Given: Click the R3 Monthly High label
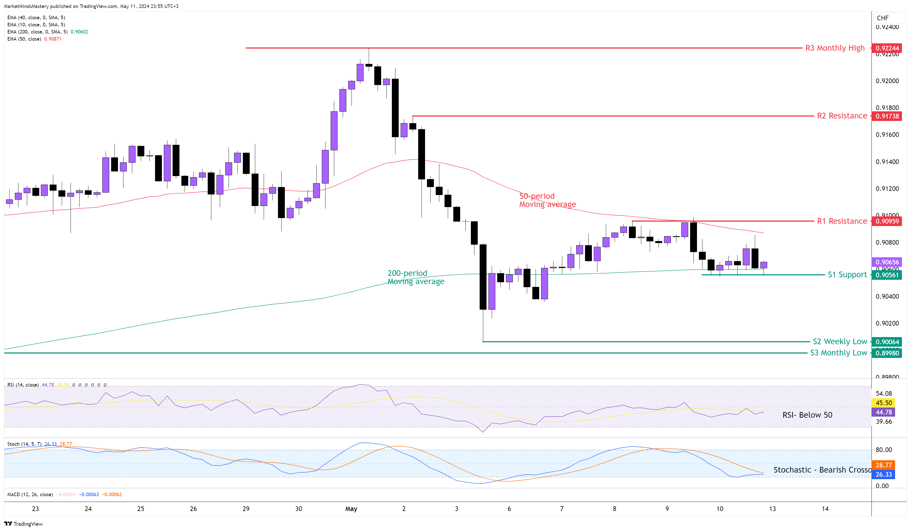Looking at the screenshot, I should click(834, 48).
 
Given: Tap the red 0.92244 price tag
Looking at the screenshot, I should click(887, 48).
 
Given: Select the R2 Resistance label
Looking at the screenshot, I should click(842, 116).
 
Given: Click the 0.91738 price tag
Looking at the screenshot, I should click(887, 116).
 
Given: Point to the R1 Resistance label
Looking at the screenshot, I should click(842, 221).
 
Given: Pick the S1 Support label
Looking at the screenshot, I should click(847, 275).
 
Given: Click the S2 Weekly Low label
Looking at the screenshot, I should click(839, 341).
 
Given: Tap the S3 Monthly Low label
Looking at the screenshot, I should click(838, 353).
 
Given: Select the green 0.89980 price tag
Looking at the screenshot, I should click(887, 353).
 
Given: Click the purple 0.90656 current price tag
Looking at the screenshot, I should click(887, 262).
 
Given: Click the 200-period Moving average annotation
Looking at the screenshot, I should click(415, 277).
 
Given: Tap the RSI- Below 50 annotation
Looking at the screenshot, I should click(807, 415).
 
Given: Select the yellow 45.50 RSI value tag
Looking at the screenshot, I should click(884, 403).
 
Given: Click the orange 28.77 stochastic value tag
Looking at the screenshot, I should click(884, 465).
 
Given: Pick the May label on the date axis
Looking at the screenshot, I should click(351, 509).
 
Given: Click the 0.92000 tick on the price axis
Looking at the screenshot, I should click(887, 81).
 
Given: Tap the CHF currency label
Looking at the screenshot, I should click(882, 18).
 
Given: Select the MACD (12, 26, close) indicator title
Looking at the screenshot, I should click(30, 495).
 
